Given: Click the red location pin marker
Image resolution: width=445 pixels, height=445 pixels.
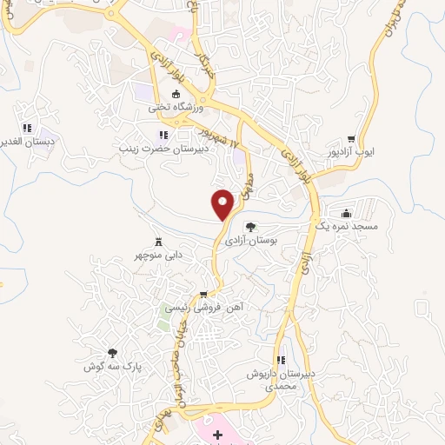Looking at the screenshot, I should [x=223, y=203].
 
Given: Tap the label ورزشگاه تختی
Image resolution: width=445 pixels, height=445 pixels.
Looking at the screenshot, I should [x=176, y=109].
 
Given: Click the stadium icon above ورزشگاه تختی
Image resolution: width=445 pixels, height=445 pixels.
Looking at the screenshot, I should [x=176, y=95].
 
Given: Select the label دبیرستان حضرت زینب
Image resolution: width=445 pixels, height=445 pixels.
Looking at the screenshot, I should [x=163, y=149].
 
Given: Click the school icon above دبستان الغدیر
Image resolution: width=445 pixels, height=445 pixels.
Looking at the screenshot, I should [x=26, y=128].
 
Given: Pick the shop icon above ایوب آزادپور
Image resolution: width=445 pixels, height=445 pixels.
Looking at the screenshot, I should [x=351, y=138].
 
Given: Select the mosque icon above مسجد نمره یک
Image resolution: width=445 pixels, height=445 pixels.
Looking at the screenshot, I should [x=348, y=213].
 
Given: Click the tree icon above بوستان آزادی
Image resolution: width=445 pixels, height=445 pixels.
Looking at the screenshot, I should [x=250, y=227].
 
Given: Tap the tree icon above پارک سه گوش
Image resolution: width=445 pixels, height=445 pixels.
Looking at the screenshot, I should [x=112, y=353].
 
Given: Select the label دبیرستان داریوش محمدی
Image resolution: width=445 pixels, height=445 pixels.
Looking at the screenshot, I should [x=280, y=379].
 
